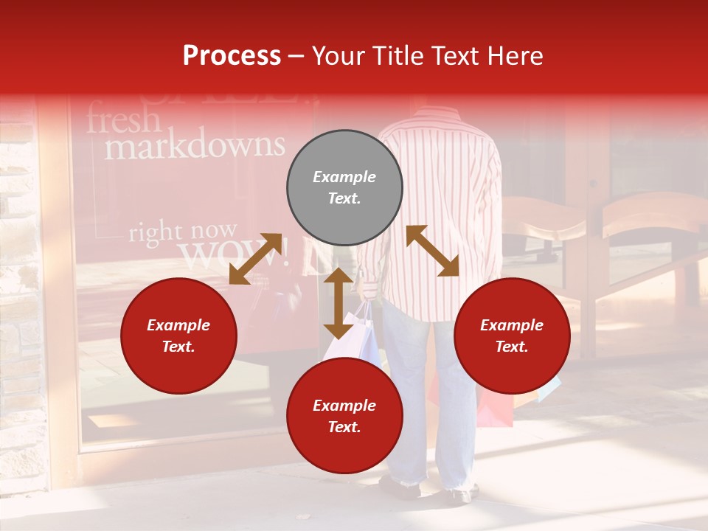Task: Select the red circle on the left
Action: click(178, 336)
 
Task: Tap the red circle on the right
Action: click(512, 336)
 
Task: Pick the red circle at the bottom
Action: click(344, 415)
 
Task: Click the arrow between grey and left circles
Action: click(256, 258)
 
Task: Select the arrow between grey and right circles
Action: click(432, 251)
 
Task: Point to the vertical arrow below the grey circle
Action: click(339, 303)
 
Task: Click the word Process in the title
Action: click(232, 56)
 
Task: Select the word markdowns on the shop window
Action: click(195, 146)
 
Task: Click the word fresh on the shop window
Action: click(123, 119)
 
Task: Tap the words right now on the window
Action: click(183, 232)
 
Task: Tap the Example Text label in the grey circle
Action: click(344, 187)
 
